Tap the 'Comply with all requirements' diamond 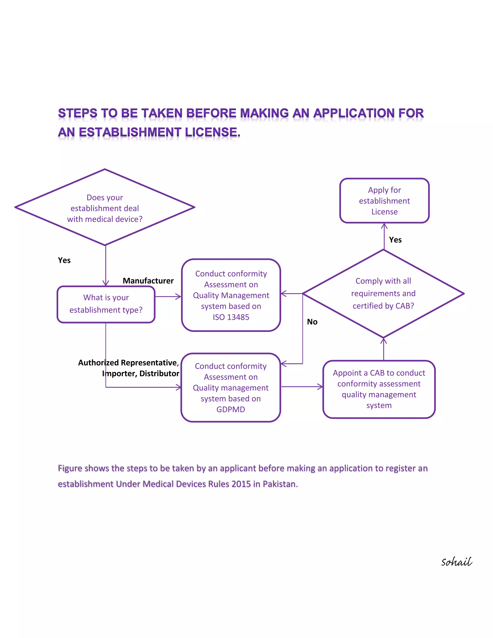pyautogui.click(x=383, y=293)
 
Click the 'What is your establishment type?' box pyautogui.click(x=106, y=304)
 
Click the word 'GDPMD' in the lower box pyautogui.click(x=230, y=409)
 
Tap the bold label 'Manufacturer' pyautogui.click(x=148, y=281)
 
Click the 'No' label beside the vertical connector pyautogui.click(x=312, y=322)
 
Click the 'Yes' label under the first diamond pyautogui.click(x=64, y=260)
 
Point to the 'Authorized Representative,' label pyautogui.click(x=128, y=363)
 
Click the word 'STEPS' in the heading pyautogui.click(x=78, y=113)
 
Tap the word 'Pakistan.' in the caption pyautogui.click(x=280, y=484)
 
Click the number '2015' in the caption pyautogui.click(x=241, y=484)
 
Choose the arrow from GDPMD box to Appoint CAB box pyautogui.click(x=302, y=387)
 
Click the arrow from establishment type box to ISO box pyautogui.click(x=168, y=297)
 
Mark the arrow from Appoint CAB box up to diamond pyautogui.click(x=383, y=349)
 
